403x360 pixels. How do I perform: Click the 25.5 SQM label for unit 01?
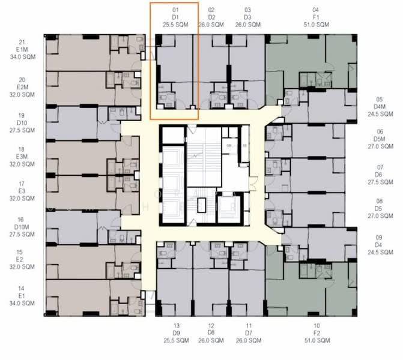coord(175,25)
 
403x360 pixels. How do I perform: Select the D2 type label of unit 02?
coord(211,17)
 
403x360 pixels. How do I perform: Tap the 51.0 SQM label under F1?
coord(317,25)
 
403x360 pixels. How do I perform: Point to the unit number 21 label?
coord(22,42)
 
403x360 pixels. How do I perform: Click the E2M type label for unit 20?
coord(22,87)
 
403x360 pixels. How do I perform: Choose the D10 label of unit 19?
coord(22,122)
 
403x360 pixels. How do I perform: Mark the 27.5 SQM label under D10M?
coord(22,233)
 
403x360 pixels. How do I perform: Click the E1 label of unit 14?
coord(22,296)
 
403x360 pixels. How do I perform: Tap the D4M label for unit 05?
coord(379,106)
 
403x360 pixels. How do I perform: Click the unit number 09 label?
coord(379,237)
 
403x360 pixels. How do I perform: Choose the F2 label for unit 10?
coord(317,333)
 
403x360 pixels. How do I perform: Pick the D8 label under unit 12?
coord(211,333)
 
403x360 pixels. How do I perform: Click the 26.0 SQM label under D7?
coord(248,340)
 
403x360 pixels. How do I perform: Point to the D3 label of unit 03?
coord(248,17)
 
